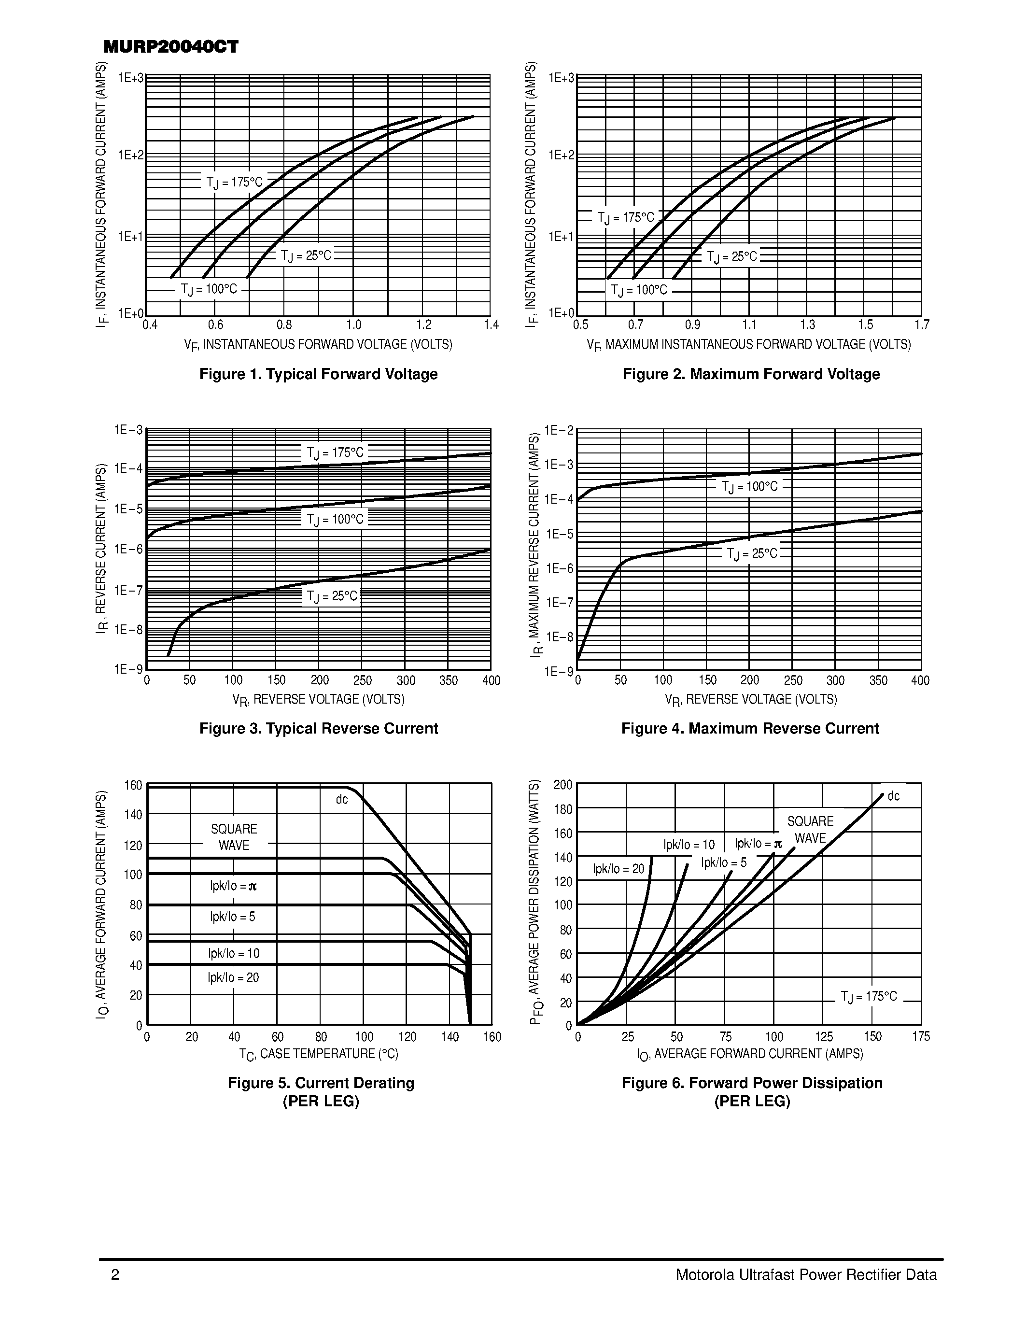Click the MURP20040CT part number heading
[171, 47]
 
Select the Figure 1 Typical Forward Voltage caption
[319, 374]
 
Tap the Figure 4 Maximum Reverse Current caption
[750, 728]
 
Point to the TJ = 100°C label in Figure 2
[639, 290]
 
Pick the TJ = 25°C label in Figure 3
[332, 596]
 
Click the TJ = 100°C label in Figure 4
[749, 486]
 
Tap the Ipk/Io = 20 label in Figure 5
[233, 977]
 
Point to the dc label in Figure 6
[894, 796]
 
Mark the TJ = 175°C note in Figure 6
[869, 996]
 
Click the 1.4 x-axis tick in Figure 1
[491, 325]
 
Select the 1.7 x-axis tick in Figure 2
[921, 325]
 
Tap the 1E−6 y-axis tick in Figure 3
[128, 549]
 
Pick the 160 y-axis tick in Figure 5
[133, 785]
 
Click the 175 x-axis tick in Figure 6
[921, 1037]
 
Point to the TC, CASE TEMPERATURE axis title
[319, 1054]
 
